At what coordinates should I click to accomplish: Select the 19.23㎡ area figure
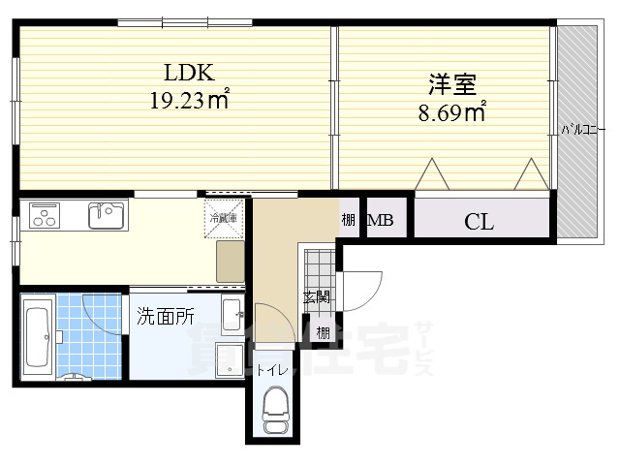pyautogui.click(x=188, y=98)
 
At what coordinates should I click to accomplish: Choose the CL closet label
pyautogui.click(x=479, y=222)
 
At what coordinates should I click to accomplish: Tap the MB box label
pyautogui.click(x=381, y=221)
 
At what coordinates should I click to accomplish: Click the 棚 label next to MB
pyautogui.click(x=349, y=221)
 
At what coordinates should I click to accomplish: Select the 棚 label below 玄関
pyautogui.click(x=321, y=332)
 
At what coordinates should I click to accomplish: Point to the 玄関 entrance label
pyautogui.click(x=317, y=297)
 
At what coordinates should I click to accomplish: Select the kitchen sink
pyautogui.click(x=106, y=215)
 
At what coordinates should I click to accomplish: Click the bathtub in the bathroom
pyautogui.click(x=39, y=338)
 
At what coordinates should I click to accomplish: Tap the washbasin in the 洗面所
pyautogui.click(x=232, y=314)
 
